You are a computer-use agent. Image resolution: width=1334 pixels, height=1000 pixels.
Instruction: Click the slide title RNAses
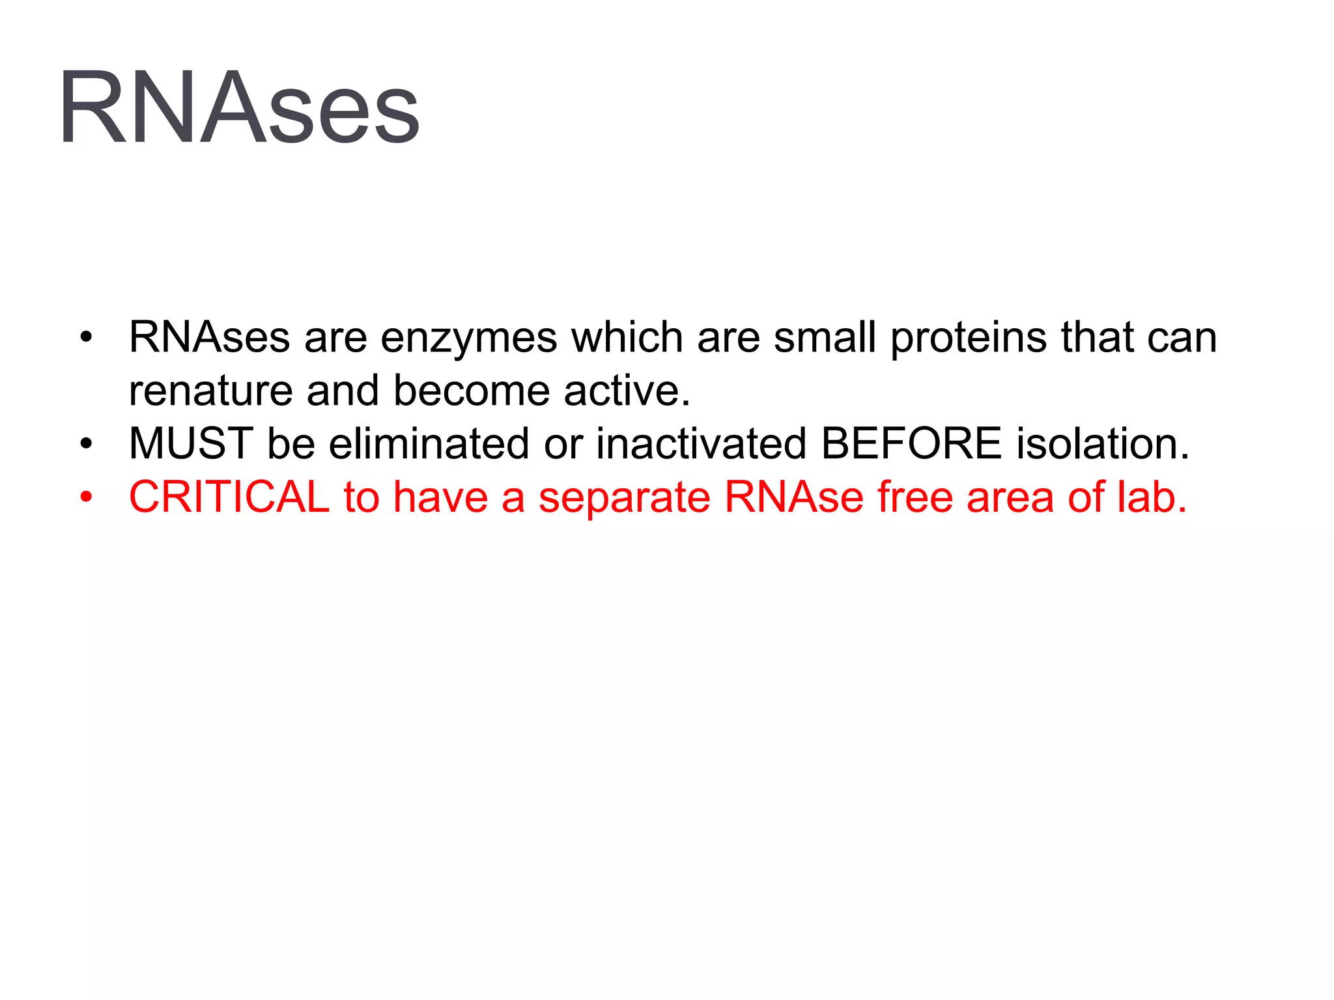click(x=239, y=107)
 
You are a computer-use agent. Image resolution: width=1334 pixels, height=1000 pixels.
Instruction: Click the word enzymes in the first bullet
click(x=468, y=339)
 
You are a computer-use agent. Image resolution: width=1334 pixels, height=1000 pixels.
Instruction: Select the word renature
click(x=210, y=391)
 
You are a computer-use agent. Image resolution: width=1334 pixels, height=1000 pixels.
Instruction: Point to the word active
click(x=626, y=391)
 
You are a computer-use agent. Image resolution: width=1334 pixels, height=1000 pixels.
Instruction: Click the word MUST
click(x=191, y=444)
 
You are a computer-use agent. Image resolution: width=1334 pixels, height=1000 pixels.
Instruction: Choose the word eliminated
click(x=429, y=444)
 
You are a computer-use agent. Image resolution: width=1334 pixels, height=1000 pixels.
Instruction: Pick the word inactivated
click(x=702, y=444)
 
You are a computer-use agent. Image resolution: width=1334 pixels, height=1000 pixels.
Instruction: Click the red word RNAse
click(x=794, y=497)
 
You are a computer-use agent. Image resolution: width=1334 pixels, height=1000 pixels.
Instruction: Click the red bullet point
click(x=86, y=498)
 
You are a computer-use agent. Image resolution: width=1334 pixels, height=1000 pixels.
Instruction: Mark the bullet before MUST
click(x=86, y=445)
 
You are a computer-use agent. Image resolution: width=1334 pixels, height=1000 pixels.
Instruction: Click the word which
click(x=627, y=337)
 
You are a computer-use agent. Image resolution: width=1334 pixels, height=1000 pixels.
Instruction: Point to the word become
click(x=472, y=391)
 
